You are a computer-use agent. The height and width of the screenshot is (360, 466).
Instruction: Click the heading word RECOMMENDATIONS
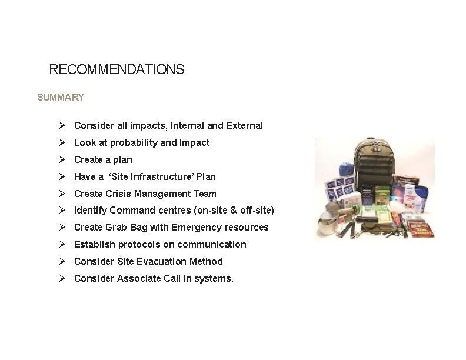[x=116, y=69]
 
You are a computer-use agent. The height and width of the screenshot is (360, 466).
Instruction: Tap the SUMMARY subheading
[x=61, y=97]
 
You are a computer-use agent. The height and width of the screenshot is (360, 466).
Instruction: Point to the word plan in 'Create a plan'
[x=122, y=159]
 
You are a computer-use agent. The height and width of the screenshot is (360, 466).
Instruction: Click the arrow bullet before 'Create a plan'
[x=62, y=159]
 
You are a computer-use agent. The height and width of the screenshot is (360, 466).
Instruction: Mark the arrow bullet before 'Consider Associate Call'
[x=62, y=278]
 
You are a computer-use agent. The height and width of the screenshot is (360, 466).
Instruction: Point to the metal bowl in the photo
[x=327, y=223]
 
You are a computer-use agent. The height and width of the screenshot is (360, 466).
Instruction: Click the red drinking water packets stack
[x=422, y=226]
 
